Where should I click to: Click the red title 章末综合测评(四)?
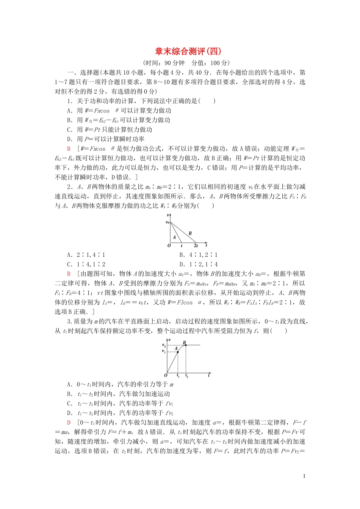188,52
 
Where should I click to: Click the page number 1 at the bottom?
304,476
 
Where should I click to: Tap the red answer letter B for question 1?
69,149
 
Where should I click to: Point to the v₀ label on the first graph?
167,222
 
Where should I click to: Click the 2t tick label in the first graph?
196,246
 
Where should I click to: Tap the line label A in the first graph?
174,237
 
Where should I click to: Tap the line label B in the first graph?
190,233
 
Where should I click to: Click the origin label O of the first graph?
169,246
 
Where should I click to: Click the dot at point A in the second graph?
178,352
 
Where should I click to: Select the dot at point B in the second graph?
185,345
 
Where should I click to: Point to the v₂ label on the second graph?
164,345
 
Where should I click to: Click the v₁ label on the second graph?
164,351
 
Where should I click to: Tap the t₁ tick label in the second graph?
178,376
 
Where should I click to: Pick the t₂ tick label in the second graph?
186,376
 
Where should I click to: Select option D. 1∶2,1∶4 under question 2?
199,264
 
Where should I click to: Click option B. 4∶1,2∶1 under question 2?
199,255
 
